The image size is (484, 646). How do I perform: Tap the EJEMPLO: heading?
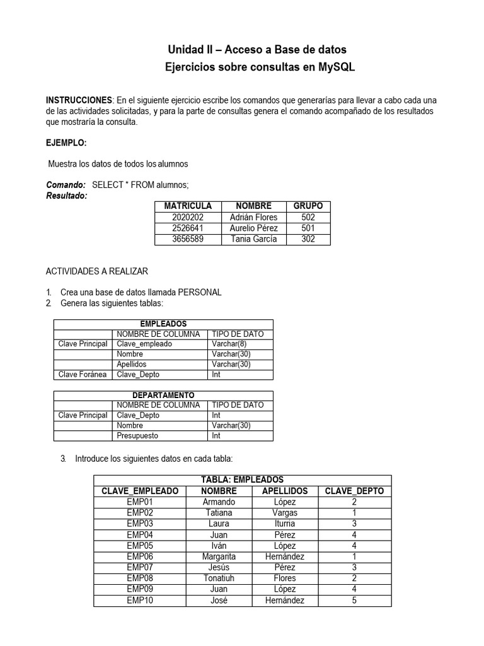coord(66,143)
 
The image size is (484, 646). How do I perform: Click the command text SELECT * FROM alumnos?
coord(140,185)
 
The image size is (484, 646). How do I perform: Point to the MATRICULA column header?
coord(188,206)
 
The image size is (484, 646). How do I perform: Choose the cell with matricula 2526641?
coord(188,228)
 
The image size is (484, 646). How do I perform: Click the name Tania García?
coord(254,239)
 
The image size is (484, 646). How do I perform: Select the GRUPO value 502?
coord(308,217)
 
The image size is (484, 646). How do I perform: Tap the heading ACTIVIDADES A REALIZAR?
coord(97,271)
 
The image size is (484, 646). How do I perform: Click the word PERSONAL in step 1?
coord(200,293)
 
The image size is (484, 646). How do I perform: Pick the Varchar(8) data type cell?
coord(229,344)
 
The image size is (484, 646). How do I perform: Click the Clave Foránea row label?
coord(83,375)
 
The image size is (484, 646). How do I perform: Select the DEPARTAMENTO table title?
coord(163,395)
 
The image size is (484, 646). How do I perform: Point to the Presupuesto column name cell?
coord(137,435)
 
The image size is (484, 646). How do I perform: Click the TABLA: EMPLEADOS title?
coord(242,480)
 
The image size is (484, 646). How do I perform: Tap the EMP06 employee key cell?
coord(140,556)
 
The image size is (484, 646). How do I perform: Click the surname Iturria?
coord(285,524)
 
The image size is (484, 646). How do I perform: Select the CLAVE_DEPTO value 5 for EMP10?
coord(355,601)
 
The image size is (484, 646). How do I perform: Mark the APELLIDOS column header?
coord(285,491)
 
